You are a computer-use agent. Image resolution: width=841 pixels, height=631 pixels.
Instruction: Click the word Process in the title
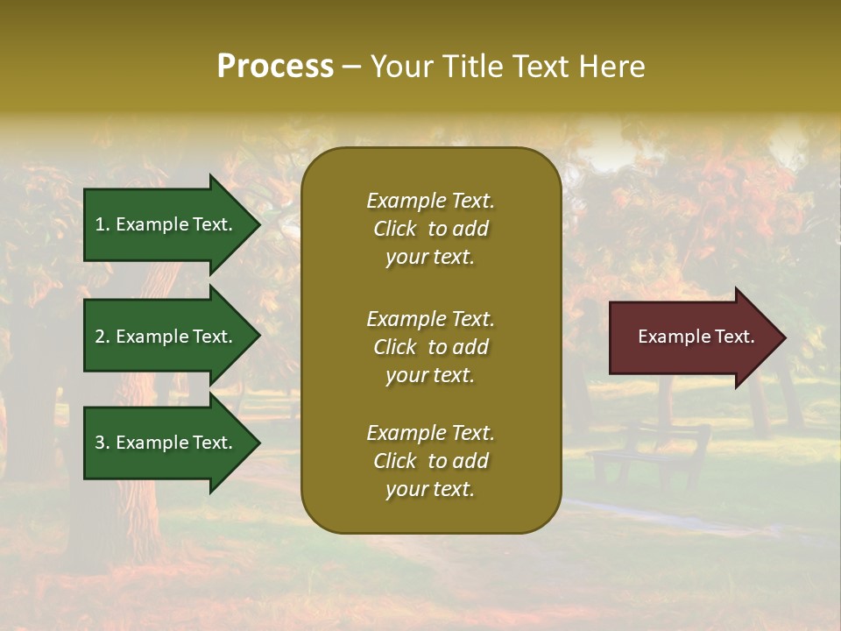click(x=275, y=67)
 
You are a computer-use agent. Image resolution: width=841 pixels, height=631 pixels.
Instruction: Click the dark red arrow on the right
click(x=692, y=337)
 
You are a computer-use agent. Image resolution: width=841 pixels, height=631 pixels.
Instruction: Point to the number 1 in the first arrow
click(x=99, y=224)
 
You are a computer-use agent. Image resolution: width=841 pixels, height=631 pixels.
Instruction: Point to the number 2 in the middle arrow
click(x=100, y=337)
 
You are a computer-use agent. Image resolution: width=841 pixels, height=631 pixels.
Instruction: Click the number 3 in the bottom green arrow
click(x=100, y=443)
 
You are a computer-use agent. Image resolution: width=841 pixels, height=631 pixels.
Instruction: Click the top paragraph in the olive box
click(x=430, y=229)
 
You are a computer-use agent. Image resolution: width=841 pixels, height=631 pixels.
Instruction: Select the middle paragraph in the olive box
click(x=430, y=347)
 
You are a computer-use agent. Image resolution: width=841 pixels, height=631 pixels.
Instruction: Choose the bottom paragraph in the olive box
click(x=430, y=461)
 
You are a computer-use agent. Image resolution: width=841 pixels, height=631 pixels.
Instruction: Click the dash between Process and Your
click(x=351, y=67)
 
